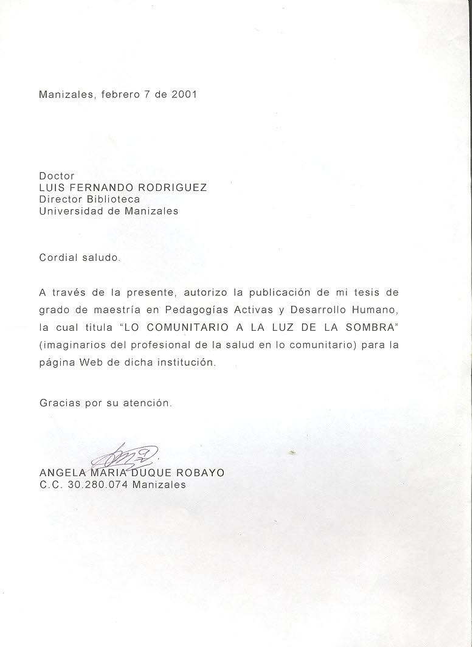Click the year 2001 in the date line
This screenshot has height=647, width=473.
[x=184, y=95]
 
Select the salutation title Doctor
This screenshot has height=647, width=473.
[x=57, y=176]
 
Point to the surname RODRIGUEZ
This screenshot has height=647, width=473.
[x=174, y=187]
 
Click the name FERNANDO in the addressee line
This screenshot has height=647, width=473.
[x=101, y=187]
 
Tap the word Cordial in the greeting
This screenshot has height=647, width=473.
[x=58, y=257]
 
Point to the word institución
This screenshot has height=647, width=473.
[x=185, y=362]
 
